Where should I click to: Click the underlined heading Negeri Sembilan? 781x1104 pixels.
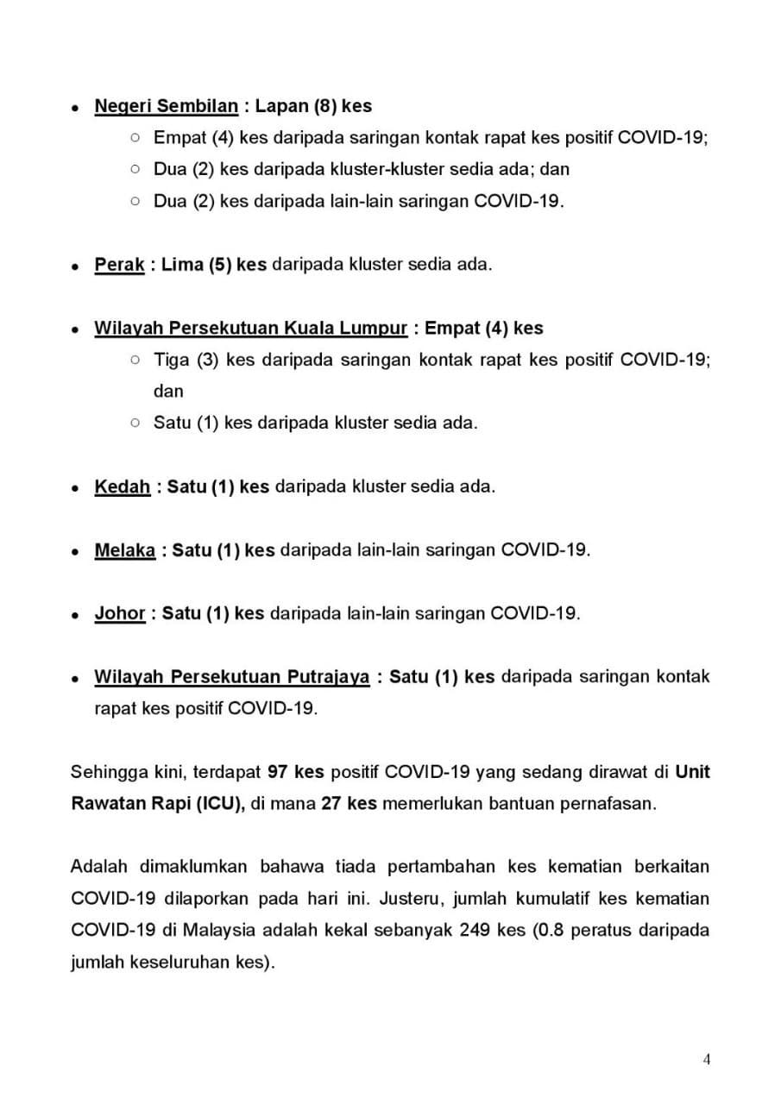click(166, 106)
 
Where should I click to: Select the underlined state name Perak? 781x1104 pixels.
click(119, 265)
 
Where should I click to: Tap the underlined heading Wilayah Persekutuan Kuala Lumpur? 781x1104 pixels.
click(250, 329)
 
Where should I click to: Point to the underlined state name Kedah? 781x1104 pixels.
click(122, 486)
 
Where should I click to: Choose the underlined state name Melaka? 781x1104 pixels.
click(124, 550)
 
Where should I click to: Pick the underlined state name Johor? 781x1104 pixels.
click(119, 613)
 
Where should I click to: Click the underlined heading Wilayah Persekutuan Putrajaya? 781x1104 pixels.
click(231, 677)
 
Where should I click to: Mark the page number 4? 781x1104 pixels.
click(707, 1060)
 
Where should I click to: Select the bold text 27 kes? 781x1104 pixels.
click(349, 804)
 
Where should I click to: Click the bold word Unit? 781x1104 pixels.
click(693, 772)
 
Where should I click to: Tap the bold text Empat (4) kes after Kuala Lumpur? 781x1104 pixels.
click(484, 329)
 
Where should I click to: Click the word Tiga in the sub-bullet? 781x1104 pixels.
click(171, 360)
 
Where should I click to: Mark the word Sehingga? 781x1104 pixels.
click(107, 772)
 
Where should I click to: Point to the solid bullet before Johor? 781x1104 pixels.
click(76, 615)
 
